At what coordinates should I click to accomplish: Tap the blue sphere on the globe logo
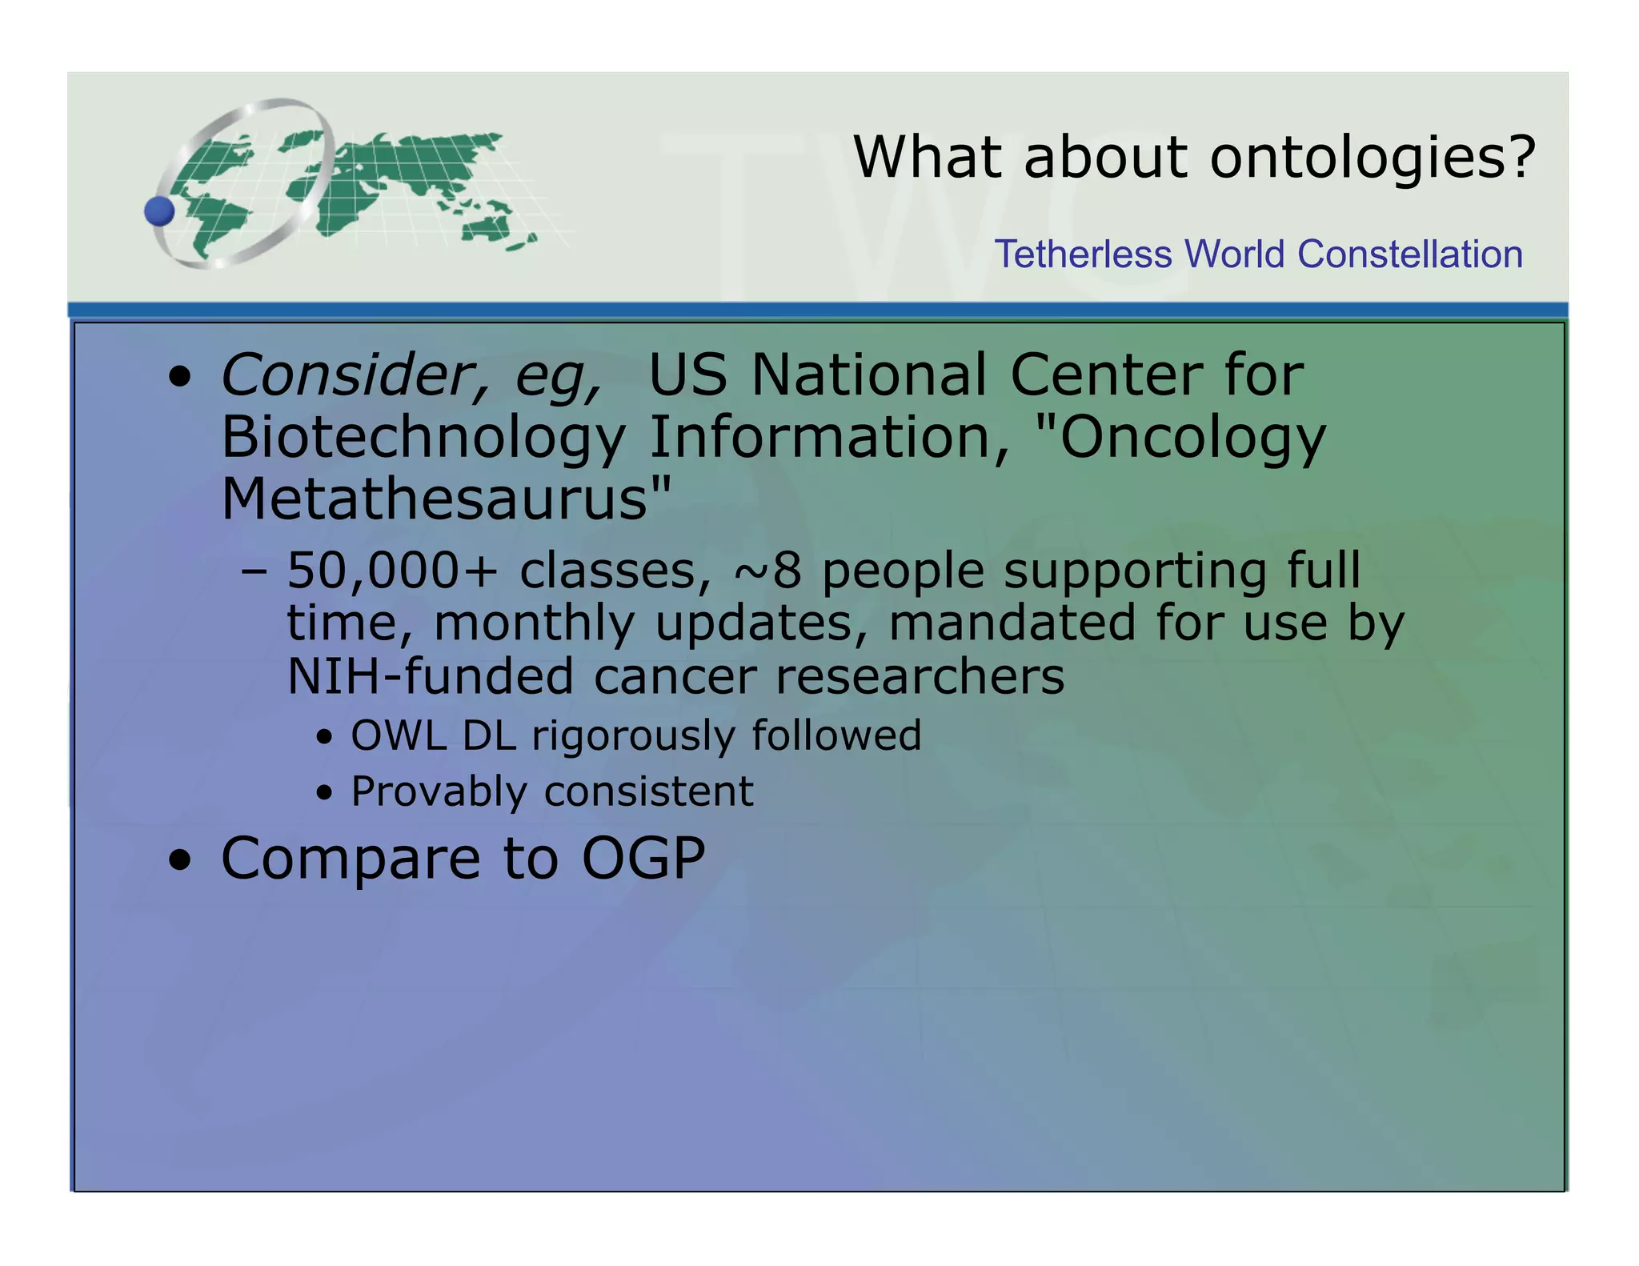pyautogui.click(x=159, y=212)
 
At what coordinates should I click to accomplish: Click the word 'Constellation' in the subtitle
pyautogui.click(x=1409, y=254)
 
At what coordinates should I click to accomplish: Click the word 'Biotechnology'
pyautogui.click(x=423, y=438)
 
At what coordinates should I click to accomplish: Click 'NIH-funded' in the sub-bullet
pyautogui.click(x=430, y=676)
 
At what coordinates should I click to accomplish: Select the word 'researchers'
pyautogui.click(x=920, y=676)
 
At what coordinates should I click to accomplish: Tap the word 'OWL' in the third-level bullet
pyautogui.click(x=398, y=735)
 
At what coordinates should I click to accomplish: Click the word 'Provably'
pyautogui.click(x=438, y=791)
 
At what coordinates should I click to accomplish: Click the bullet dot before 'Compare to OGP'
pyautogui.click(x=180, y=860)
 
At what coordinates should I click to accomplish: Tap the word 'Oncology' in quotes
pyautogui.click(x=1192, y=438)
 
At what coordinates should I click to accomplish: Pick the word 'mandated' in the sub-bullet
pyautogui.click(x=1012, y=623)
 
